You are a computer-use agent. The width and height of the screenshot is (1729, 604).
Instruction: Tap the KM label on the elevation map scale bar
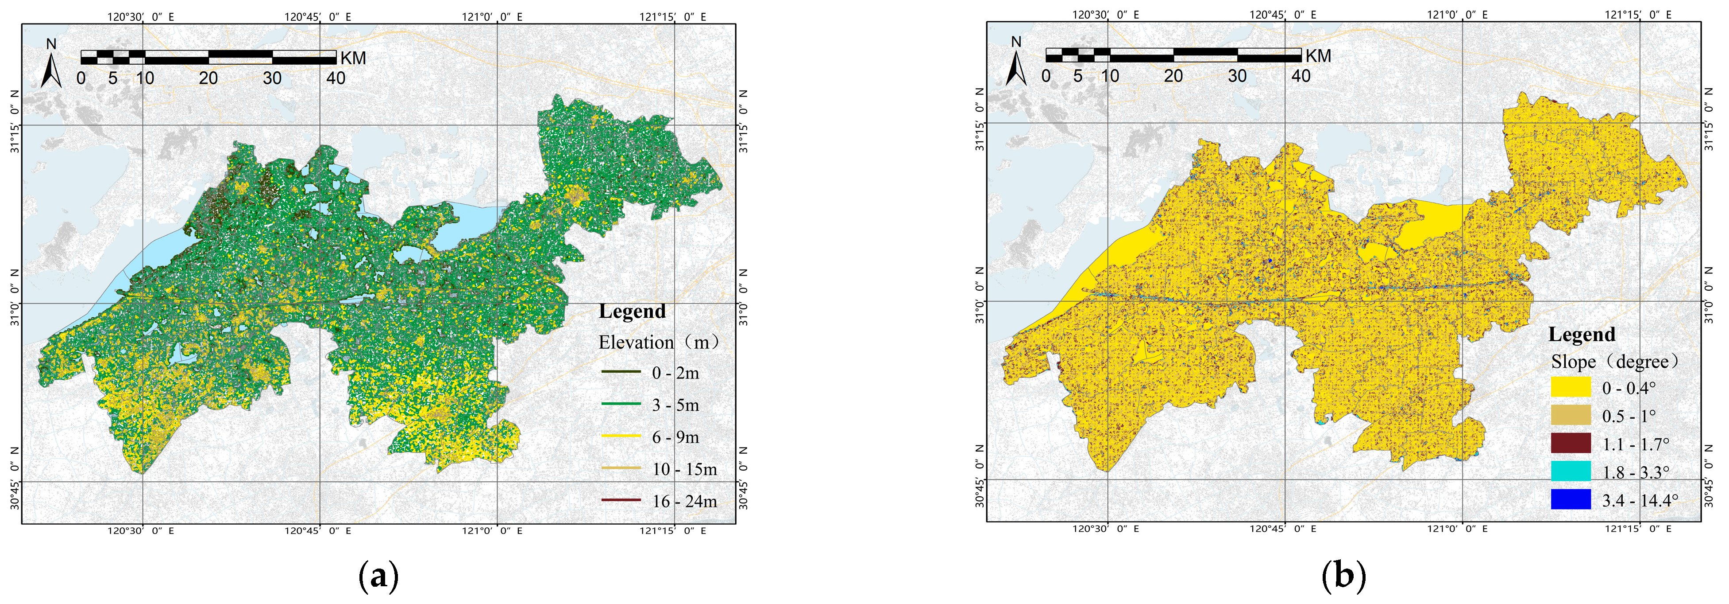coord(353,58)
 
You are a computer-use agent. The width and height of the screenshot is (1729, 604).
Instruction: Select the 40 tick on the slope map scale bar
coord(1301,76)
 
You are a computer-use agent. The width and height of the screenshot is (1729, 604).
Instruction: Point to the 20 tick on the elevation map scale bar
coord(208,78)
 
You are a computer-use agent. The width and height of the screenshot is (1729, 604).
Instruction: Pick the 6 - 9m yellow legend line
coord(621,436)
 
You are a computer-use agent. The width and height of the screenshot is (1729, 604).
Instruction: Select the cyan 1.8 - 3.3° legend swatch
coord(1571,472)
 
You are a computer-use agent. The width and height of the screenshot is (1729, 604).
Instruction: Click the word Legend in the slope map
coord(1581,334)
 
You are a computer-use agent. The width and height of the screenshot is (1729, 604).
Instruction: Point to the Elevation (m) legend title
coord(658,343)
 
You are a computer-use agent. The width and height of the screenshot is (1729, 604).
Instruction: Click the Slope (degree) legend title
coord(1614,362)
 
